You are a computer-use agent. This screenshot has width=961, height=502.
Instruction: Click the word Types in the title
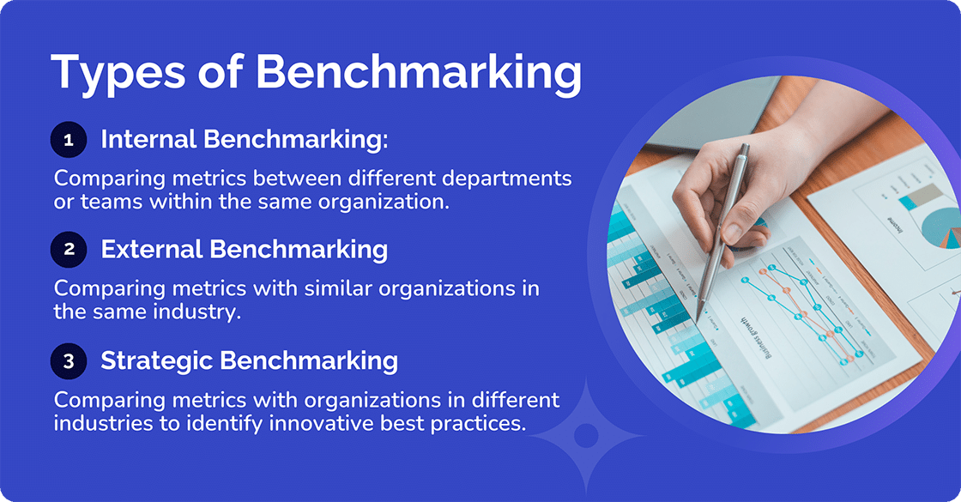pos(117,73)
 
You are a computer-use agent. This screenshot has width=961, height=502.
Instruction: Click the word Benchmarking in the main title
pos(419,73)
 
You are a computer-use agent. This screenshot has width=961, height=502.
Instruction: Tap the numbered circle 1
pos(69,140)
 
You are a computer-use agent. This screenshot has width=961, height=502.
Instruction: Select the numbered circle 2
pos(69,250)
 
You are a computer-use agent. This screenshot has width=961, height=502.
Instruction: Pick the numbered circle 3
pos(69,361)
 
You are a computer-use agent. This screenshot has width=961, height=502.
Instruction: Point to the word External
pos(152,249)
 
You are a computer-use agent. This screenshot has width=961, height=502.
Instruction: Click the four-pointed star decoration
pos(586,435)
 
